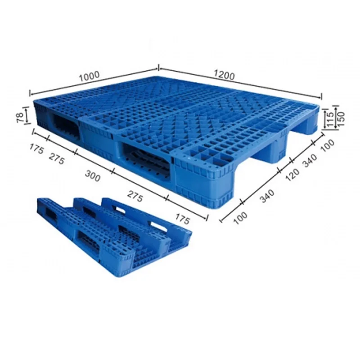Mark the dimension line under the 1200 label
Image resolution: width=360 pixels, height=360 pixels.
point(241,82)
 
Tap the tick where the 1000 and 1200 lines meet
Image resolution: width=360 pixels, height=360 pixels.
point(158,68)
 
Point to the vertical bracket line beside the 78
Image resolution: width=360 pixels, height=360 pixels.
point(27,117)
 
